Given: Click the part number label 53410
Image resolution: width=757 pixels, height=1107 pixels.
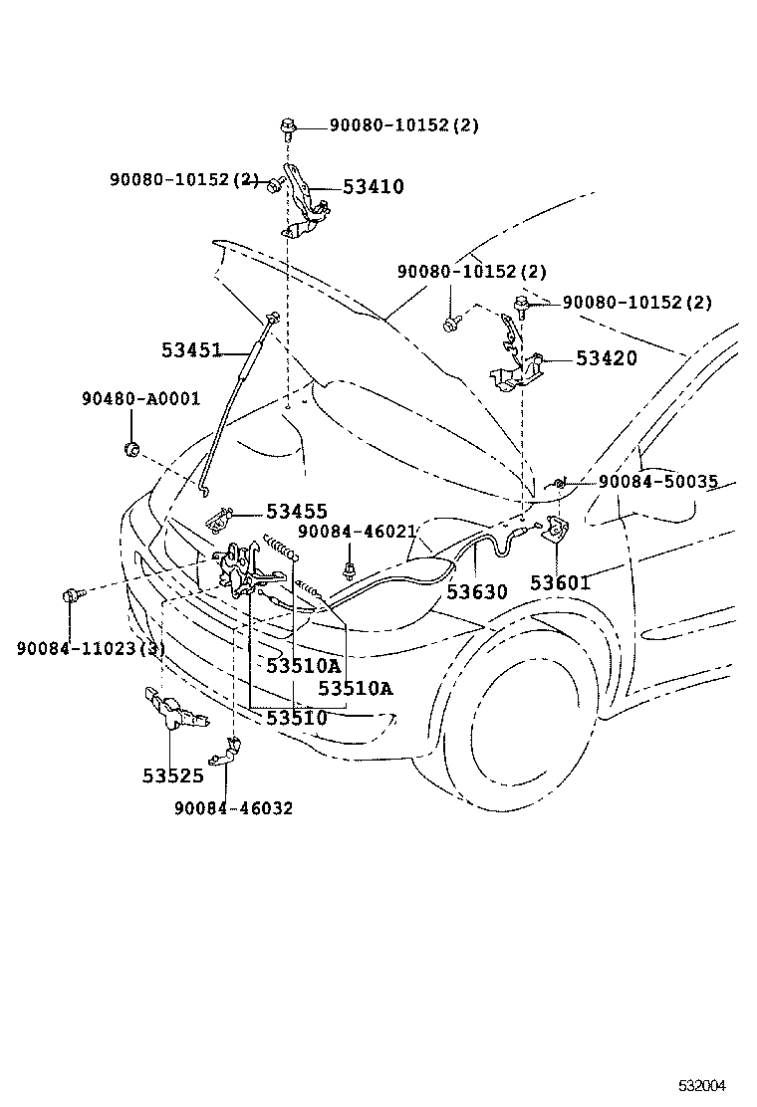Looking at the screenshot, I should tap(374, 186).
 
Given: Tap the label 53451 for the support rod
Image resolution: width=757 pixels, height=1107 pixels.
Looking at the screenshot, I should tap(191, 350).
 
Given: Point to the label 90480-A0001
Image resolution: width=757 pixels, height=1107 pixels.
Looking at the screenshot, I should tap(140, 399).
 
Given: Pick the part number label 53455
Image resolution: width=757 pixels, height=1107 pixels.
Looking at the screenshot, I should tap(297, 512).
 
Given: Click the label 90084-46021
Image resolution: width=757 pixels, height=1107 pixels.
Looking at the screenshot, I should tap(356, 534).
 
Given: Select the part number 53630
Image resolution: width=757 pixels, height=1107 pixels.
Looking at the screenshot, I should tap(476, 591).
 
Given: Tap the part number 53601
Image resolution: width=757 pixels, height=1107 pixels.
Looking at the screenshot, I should tap(560, 582).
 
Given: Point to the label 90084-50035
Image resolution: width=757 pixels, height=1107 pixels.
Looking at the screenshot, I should tap(657, 482).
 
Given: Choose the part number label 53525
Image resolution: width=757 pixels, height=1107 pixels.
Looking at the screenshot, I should tap(172, 775).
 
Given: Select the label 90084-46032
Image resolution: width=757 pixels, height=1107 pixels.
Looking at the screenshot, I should tap(233, 808).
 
